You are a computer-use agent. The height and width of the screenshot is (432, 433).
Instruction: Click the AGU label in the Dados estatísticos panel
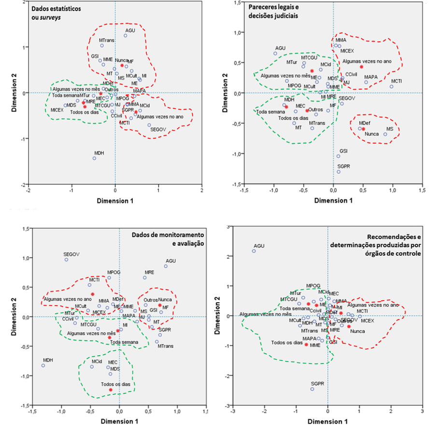point(130,30)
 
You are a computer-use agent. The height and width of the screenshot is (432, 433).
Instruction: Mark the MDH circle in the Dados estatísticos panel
point(95,158)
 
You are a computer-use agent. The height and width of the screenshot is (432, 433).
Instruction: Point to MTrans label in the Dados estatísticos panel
point(107,41)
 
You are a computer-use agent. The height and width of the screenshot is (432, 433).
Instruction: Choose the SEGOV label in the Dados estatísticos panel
point(158,130)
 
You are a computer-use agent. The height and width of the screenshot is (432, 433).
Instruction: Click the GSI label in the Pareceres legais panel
point(344,151)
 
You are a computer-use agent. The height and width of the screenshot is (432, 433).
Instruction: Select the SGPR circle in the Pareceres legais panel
point(338,172)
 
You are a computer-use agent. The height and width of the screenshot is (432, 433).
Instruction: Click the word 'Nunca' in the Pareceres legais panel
point(372,134)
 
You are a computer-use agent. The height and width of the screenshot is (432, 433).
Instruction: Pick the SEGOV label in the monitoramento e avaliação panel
point(71,254)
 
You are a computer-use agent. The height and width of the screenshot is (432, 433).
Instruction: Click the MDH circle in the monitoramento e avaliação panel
point(43,365)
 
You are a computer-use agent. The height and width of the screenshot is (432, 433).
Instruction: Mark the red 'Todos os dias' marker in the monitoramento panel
point(111,390)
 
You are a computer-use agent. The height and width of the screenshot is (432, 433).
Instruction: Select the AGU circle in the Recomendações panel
point(254,251)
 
